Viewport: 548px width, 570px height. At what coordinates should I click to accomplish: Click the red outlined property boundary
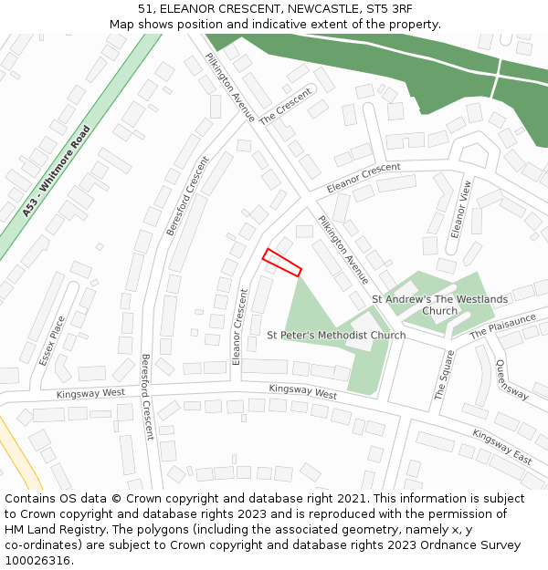282,262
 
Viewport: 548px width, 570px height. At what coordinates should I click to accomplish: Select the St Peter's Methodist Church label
336,335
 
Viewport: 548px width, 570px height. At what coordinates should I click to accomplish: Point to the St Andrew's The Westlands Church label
439,305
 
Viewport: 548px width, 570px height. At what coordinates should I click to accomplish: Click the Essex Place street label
52,340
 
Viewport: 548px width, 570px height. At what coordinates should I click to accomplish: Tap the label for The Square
445,375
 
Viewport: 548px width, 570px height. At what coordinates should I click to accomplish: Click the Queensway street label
511,379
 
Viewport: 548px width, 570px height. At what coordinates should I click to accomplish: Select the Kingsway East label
502,447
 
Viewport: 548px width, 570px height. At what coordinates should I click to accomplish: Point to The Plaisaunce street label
503,326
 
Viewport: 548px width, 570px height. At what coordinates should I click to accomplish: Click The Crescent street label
285,107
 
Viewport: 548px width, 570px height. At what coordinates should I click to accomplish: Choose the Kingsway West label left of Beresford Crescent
90,393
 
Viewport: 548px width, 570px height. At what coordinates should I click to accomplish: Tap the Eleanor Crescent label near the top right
364,172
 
